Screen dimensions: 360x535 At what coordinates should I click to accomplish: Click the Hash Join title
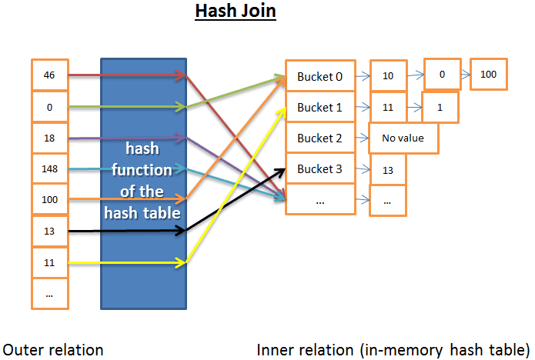click(235, 13)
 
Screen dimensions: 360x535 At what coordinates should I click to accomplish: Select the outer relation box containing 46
click(49, 75)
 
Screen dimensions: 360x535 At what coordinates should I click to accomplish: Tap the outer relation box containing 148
click(49, 168)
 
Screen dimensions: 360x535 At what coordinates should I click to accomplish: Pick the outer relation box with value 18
click(49, 138)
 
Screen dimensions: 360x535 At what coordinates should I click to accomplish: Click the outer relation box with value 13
click(49, 231)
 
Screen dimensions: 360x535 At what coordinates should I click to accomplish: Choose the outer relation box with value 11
click(49, 262)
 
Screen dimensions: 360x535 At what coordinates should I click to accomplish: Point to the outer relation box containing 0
click(49, 107)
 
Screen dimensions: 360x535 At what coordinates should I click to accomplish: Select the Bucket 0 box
click(320, 76)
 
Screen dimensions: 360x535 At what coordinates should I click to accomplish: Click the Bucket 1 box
click(320, 107)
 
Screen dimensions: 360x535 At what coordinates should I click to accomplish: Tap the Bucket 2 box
click(320, 138)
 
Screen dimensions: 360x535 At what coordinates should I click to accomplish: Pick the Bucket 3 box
click(320, 168)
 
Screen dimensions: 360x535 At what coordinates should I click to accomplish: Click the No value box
click(403, 138)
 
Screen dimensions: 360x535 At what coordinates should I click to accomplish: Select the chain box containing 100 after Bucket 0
click(488, 75)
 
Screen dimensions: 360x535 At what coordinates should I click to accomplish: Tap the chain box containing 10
click(387, 76)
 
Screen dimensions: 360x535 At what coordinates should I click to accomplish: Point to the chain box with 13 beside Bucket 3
click(387, 169)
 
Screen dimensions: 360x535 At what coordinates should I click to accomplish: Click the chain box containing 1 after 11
click(440, 107)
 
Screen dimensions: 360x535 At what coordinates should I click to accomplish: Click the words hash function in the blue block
click(143, 158)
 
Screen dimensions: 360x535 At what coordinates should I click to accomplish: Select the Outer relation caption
click(53, 349)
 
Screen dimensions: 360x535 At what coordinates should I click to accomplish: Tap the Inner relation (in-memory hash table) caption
click(393, 349)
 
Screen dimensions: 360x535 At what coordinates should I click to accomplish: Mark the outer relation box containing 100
click(49, 199)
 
